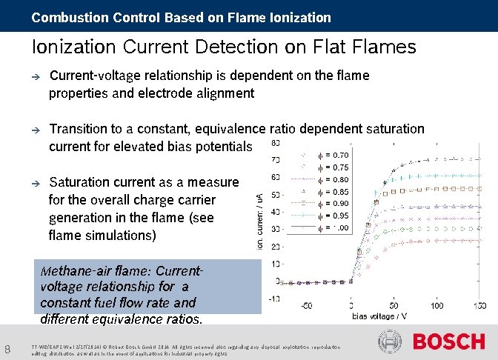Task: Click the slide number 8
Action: [x=7, y=349]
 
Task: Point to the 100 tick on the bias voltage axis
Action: [x=437, y=305]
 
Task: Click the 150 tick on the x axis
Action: [x=480, y=305]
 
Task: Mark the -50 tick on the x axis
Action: [x=305, y=305]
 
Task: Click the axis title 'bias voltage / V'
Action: [x=379, y=316]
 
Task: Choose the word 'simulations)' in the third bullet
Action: [x=120, y=236]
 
